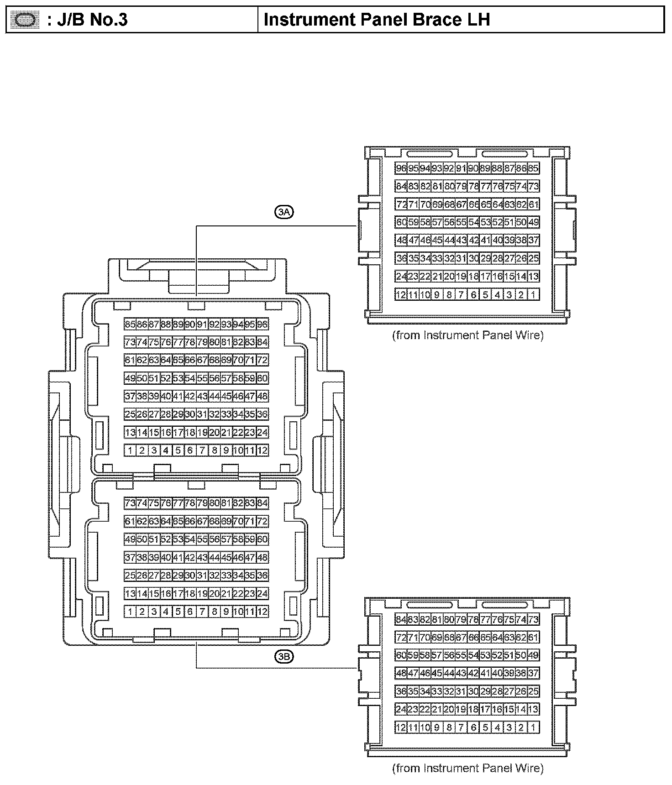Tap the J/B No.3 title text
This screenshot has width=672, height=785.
(x=87, y=20)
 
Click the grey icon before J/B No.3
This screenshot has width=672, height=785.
(x=25, y=20)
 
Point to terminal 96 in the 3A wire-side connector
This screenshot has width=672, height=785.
(x=401, y=168)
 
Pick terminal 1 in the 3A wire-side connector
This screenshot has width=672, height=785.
(x=533, y=295)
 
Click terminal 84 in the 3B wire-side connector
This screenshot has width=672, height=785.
(x=401, y=619)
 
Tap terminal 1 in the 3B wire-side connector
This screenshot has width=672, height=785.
(x=533, y=727)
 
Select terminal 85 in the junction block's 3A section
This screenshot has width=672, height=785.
(x=130, y=324)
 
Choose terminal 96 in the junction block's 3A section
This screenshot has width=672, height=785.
(x=262, y=324)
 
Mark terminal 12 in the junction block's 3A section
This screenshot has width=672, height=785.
(x=262, y=450)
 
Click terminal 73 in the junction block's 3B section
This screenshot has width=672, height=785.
(x=130, y=503)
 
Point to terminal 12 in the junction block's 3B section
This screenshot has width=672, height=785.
(x=262, y=612)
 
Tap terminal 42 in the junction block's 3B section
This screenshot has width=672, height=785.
(x=190, y=557)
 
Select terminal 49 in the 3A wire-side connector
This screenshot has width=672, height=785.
(x=533, y=222)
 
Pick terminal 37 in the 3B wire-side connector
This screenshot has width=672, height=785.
(x=533, y=673)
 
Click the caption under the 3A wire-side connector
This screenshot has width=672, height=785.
(x=468, y=335)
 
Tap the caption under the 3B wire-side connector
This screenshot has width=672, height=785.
(x=468, y=768)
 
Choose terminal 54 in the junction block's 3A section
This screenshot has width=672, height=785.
(x=190, y=378)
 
